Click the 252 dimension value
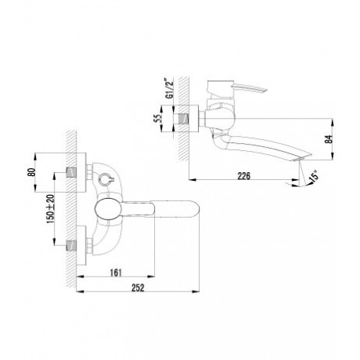138,288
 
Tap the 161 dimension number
116,273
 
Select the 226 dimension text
244,176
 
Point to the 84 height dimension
329,139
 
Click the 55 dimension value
156,119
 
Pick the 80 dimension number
31,172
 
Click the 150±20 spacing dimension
50,209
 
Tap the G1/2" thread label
169,88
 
